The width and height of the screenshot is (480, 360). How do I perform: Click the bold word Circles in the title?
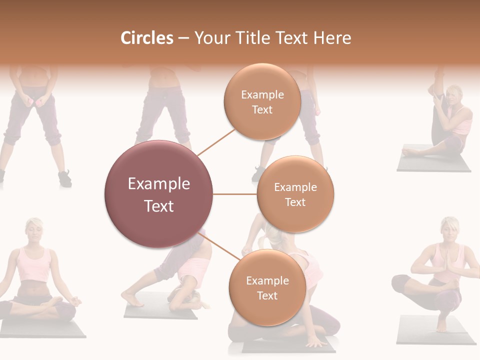147,38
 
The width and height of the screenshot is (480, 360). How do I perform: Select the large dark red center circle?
158,194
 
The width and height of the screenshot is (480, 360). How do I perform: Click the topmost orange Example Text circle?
262,101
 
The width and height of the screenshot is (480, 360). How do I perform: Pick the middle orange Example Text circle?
295,194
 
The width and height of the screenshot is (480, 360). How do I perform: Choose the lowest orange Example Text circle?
267,287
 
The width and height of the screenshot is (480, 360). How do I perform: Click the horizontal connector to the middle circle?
234,194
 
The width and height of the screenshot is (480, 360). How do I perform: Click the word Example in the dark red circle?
158,184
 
